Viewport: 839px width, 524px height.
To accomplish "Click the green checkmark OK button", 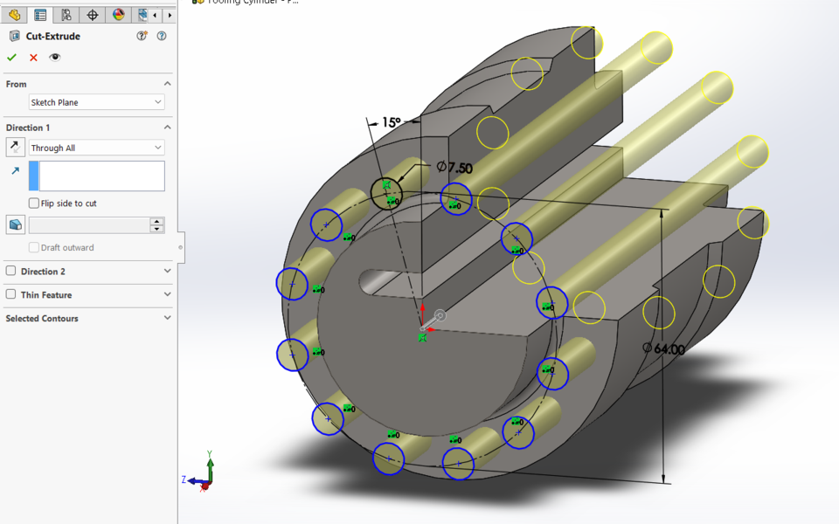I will tap(11, 58).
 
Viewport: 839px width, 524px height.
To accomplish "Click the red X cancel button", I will tap(33, 58).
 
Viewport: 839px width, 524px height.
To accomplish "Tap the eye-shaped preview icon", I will tap(55, 58).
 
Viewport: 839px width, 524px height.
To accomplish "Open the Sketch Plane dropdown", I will tap(96, 102).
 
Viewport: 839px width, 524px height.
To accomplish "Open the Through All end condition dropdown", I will tap(96, 148).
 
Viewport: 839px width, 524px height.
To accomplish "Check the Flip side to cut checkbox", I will tap(34, 203).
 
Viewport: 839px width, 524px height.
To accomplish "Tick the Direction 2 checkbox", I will tap(11, 272).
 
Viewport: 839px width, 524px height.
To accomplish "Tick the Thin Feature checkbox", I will tap(11, 295).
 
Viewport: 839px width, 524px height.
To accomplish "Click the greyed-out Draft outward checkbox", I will tap(34, 248).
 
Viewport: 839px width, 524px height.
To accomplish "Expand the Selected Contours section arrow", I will tap(167, 319).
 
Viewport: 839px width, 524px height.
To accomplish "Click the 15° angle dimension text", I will tap(391, 123).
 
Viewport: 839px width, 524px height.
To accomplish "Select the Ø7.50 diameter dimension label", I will tap(454, 167).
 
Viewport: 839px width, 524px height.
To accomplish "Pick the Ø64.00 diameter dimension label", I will tap(663, 348).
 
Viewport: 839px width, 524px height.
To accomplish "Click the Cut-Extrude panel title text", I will tap(52, 37).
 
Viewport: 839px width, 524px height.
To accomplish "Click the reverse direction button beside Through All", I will tap(15, 148).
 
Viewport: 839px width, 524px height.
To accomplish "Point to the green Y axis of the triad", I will tap(210, 464).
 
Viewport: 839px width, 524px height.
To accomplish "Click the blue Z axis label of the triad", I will tap(184, 480).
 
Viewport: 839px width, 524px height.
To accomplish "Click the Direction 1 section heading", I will tap(28, 128).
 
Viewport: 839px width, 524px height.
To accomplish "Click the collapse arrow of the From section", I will tap(167, 84).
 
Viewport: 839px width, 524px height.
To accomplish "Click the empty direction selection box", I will tap(101, 176).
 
